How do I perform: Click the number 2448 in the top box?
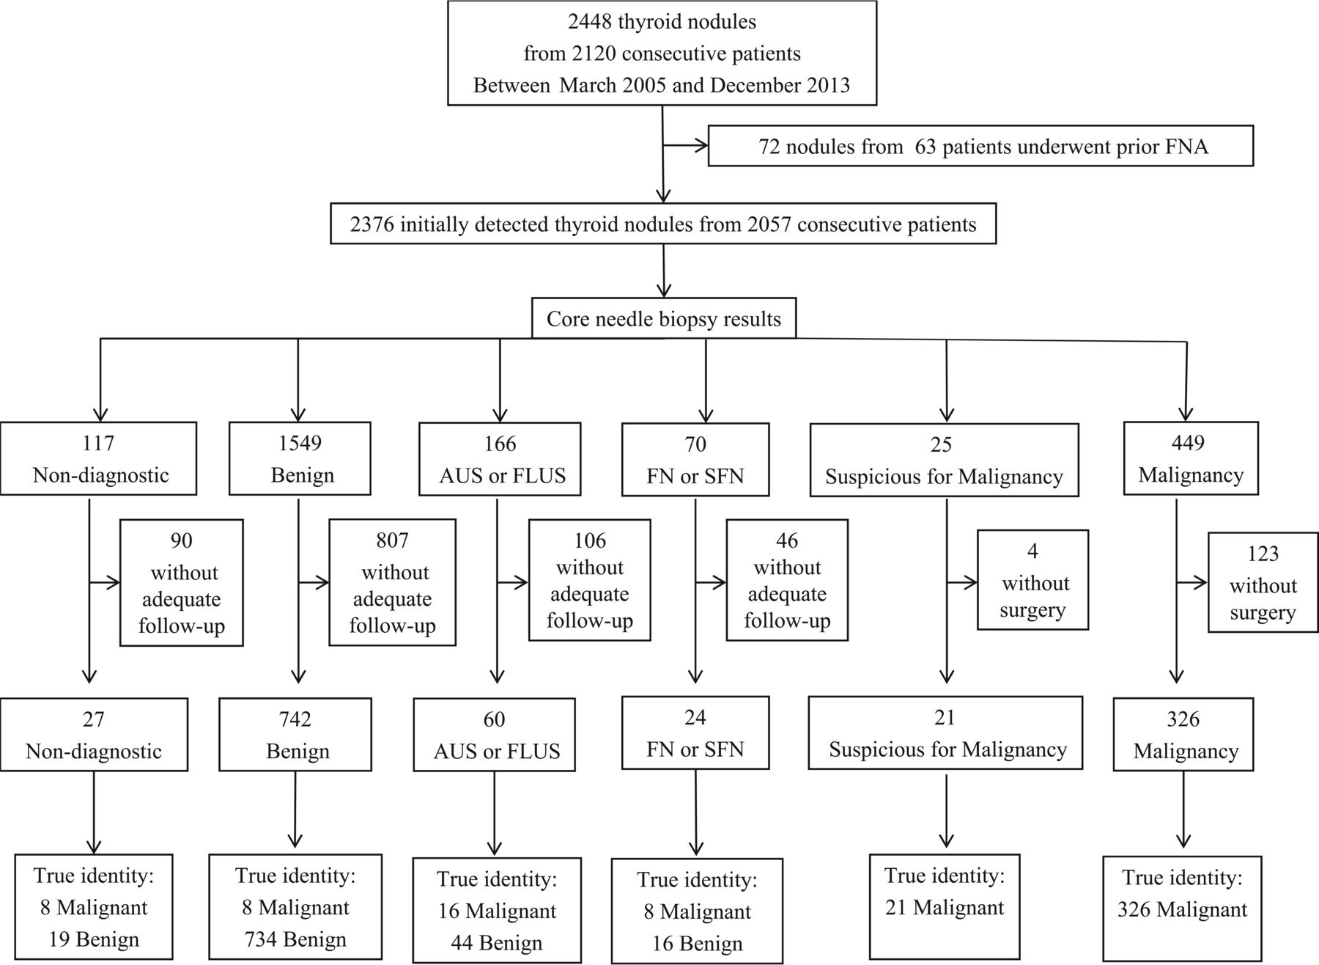click(x=590, y=22)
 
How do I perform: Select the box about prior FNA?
click(x=980, y=146)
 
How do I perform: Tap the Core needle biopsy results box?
click(x=664, y=318)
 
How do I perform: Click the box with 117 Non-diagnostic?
click(x=99, y=458)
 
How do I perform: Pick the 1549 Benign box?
click(x=300, y=458)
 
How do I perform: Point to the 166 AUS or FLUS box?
click(x=500, y=459)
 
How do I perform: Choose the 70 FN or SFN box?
click(x=695, y=460)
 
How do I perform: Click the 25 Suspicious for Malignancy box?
click(x=945, y=460)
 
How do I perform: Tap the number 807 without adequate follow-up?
click(x=392, y=540)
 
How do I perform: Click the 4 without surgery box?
click(x=1033, y=580)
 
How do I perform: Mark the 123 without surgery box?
click(x=1263, y=582)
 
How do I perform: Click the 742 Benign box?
click(x=295, y=734)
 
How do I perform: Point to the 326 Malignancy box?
click(x=1183, y=734)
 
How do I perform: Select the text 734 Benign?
click(x=296, y=939)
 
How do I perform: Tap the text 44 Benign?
click(x=497, y=943)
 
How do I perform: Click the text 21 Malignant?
click(x=945, y=908)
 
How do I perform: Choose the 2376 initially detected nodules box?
click(x=663, y=224)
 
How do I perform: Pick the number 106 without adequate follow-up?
click(x=590, y=540)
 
